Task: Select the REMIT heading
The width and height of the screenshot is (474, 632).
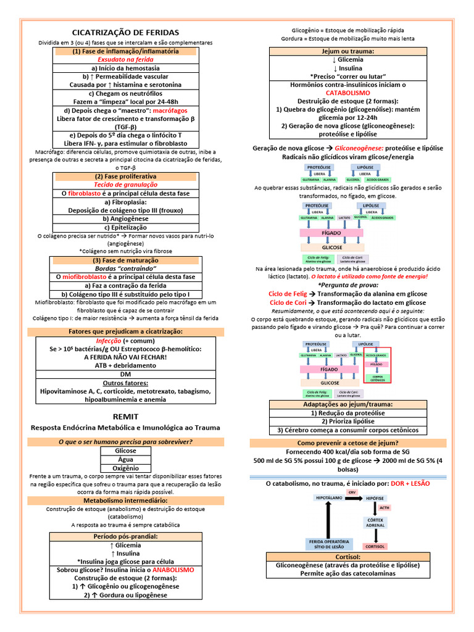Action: click(126, 417)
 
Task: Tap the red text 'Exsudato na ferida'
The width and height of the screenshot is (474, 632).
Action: click(125, 60)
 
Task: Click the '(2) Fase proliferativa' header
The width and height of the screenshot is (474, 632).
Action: click(125, 176)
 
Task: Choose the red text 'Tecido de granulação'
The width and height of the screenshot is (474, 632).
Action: click(125, 185)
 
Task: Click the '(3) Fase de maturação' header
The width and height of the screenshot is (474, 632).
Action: click(125, 260)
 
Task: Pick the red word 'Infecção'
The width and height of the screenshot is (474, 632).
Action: click(109, 341)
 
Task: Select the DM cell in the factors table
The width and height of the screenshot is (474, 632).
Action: click(125, 375)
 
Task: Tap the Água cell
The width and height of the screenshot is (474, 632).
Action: click(125, 459)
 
